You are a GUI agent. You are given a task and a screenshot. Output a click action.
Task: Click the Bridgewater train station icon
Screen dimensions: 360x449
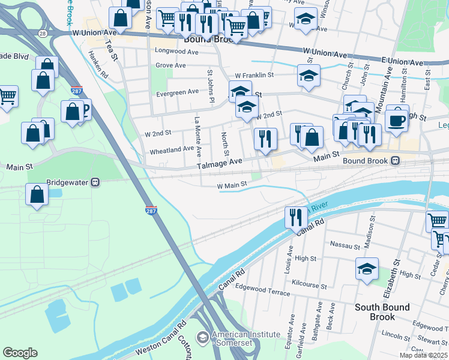95,182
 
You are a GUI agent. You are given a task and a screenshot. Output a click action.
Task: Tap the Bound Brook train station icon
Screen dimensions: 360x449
396,161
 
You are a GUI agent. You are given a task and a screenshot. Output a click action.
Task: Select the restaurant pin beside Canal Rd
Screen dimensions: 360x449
294,217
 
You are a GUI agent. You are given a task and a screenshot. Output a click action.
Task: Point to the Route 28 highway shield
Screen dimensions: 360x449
41,33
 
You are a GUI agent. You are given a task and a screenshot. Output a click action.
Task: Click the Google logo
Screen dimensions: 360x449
20,353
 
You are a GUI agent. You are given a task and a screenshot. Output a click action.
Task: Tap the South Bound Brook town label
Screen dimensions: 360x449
382,311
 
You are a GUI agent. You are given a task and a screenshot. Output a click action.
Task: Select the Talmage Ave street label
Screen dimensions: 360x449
220,162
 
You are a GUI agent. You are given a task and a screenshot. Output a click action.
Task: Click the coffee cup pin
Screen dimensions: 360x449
397,119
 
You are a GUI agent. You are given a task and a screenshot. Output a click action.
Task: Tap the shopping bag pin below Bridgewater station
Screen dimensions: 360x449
37,194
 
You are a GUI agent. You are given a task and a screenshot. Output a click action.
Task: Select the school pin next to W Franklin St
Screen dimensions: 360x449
308,76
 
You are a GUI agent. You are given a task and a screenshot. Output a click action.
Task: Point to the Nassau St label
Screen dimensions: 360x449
345,244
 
